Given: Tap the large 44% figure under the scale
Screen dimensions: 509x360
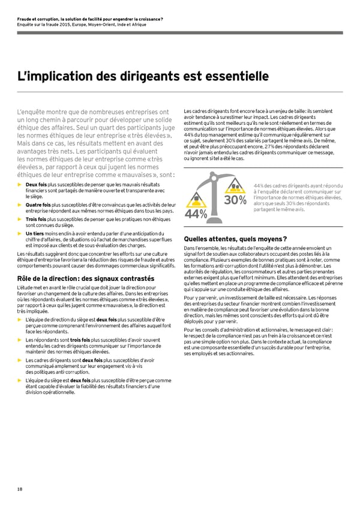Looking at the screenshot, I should (x=196, y=214).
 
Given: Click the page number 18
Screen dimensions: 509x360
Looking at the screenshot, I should (x=20, y=489).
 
